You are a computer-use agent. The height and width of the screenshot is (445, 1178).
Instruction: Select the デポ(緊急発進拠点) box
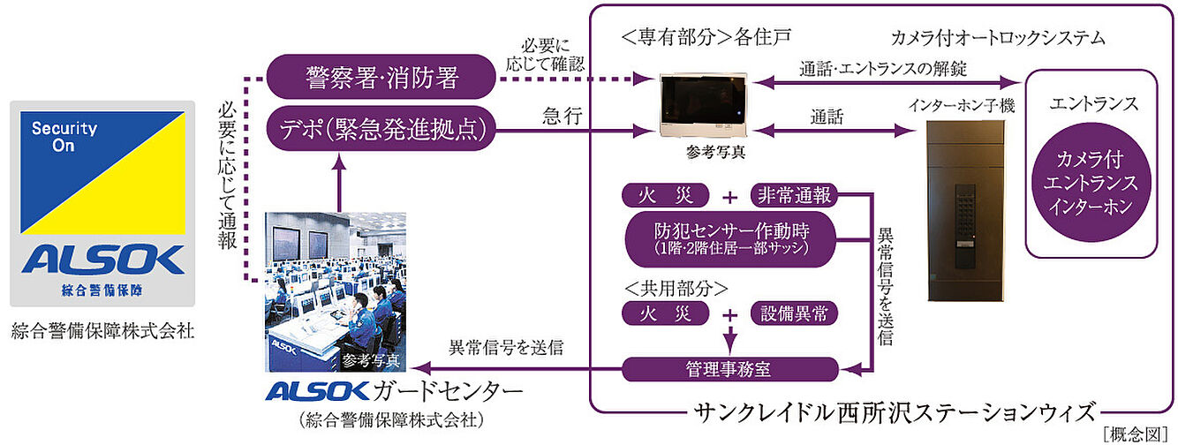click(381, 130)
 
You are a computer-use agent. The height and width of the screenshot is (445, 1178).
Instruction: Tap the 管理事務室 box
click(729, 369)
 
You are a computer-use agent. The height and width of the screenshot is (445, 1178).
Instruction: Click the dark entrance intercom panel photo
click(966, 212)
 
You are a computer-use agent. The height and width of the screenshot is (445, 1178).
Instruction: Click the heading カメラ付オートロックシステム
click(997, 38)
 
